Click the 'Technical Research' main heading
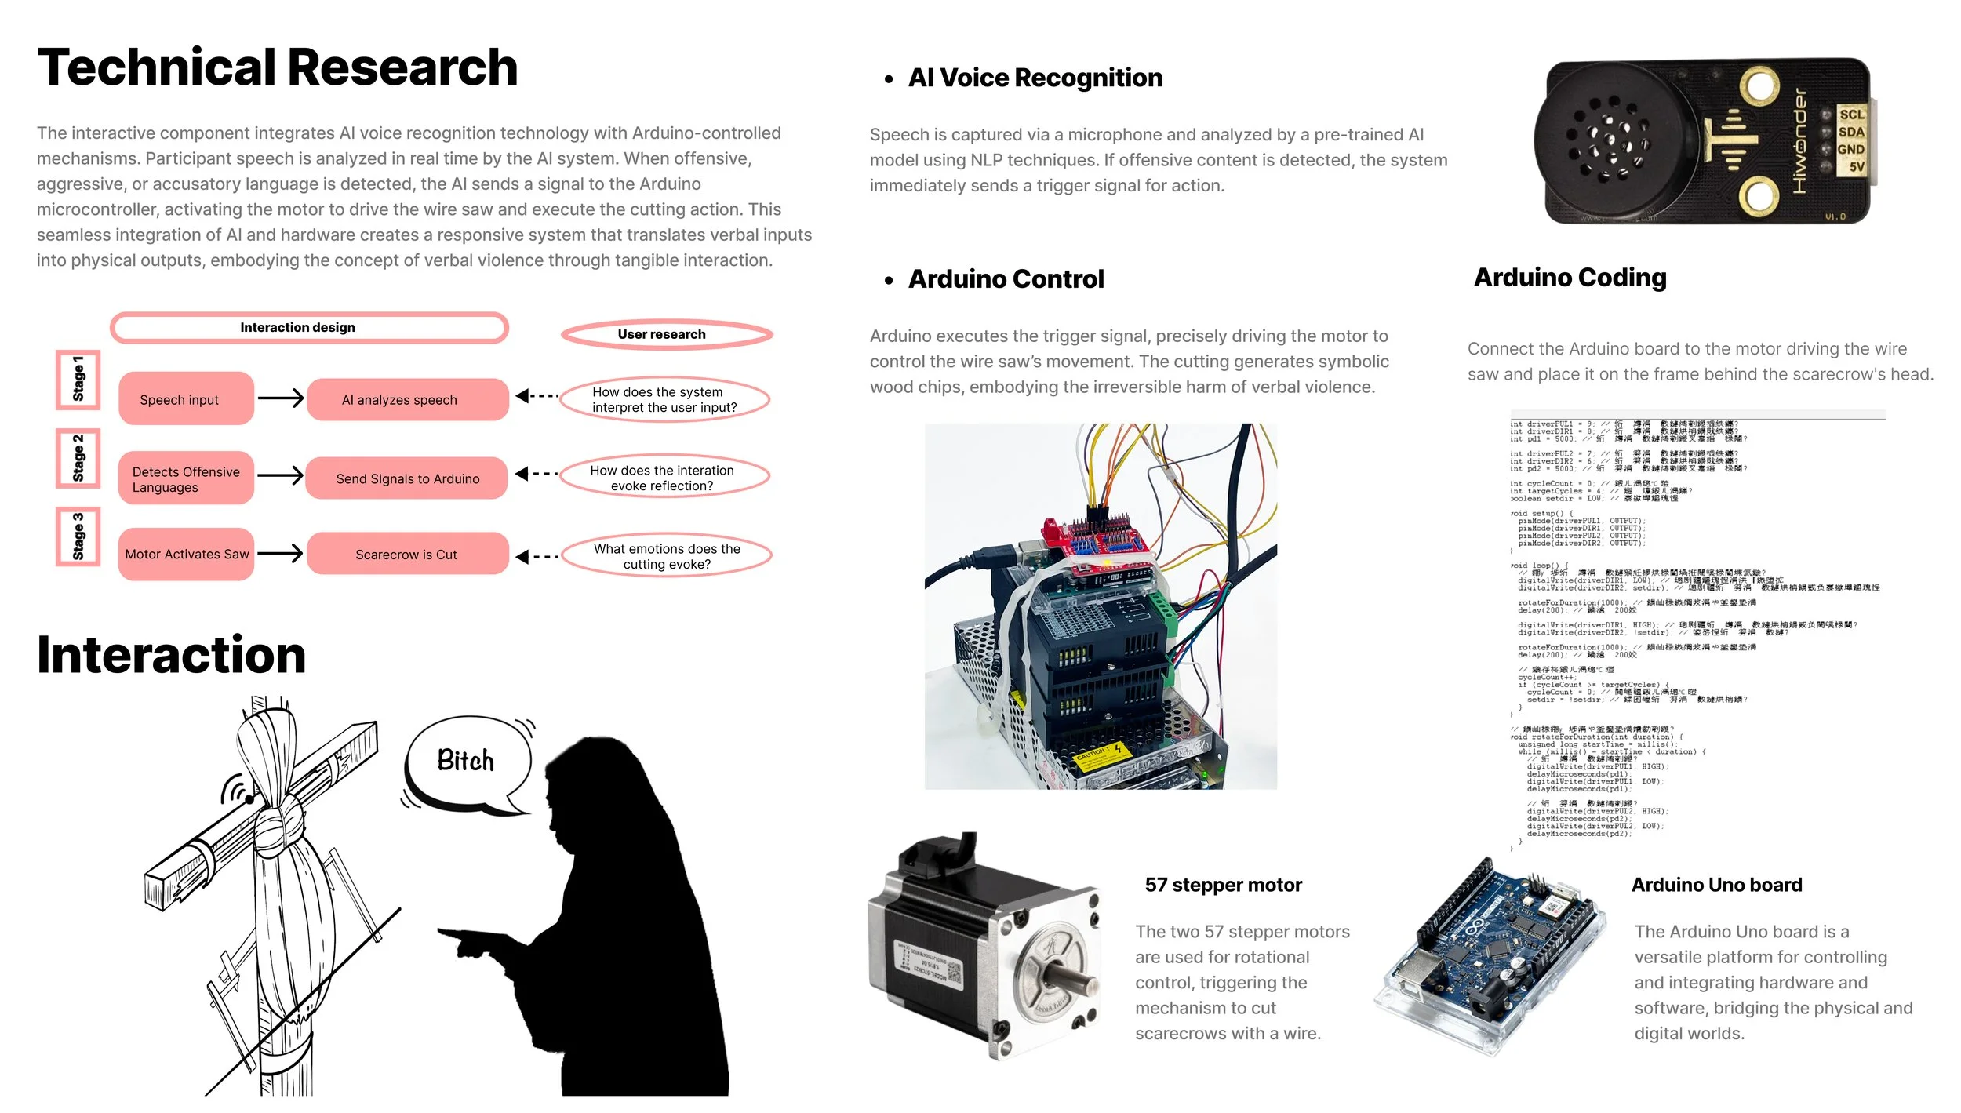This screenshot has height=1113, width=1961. (277, 67)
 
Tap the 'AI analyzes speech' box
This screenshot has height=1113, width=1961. (407, 400)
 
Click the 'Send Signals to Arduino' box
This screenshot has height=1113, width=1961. (406, 478)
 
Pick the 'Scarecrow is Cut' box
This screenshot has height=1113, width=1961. (407, 555)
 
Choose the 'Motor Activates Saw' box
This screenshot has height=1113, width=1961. (186, 555)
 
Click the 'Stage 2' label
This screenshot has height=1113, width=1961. (78, 458)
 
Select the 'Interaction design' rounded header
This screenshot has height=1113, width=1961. (309, 328)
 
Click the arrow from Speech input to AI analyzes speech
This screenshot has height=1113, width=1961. (280, 398)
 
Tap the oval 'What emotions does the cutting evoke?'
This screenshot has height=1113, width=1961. (667, 556)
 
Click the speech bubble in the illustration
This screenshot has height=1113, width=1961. (468, 762)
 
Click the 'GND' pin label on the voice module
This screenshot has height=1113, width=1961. (1850, 149)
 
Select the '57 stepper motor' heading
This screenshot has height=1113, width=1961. (1223, 886)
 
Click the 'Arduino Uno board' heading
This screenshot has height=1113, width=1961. (1716, 886)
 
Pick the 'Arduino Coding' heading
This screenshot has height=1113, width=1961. (1570, 278)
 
